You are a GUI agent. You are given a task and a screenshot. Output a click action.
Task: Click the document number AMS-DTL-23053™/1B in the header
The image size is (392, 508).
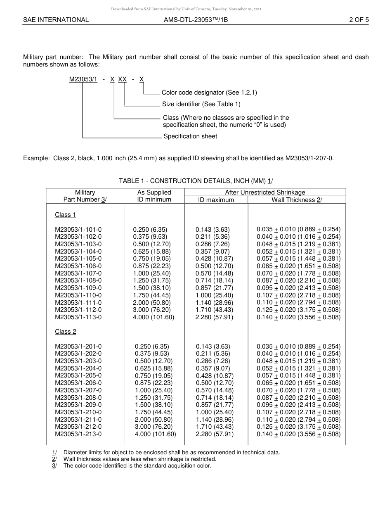point(196,19)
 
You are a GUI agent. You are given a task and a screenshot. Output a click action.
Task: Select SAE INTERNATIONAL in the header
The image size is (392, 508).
point(56,19)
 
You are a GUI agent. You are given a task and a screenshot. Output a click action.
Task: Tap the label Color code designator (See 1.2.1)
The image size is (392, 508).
point(209,93)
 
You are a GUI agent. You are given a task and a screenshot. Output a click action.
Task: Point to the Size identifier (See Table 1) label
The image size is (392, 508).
point(201,104)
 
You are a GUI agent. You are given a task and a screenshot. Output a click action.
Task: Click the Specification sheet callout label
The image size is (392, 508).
point(190,136)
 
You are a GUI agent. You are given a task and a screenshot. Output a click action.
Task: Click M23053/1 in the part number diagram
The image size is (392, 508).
point(83,79)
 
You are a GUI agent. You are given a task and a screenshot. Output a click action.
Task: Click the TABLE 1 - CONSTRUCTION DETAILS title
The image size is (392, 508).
point(196,181)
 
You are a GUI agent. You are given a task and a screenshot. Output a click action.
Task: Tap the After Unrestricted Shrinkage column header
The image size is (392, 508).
point(265,192)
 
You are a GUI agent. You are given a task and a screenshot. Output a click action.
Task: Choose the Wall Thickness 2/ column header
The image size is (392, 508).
point(297,200)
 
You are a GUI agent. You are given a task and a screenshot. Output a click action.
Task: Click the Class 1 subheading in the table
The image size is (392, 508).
point(66,215)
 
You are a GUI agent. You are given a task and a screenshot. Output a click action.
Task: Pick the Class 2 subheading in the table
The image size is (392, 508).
point(66,332)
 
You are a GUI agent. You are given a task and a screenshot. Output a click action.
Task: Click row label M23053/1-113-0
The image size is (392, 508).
point(78,317)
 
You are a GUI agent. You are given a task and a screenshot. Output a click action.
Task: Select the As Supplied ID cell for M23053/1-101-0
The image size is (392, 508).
point(150,229)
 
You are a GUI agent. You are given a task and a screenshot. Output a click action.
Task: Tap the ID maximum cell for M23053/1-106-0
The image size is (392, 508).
point(214,266)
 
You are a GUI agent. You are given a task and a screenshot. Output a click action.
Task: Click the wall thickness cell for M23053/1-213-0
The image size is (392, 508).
point(298,434)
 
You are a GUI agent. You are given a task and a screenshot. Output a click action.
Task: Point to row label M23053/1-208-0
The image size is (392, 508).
point(78,397)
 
